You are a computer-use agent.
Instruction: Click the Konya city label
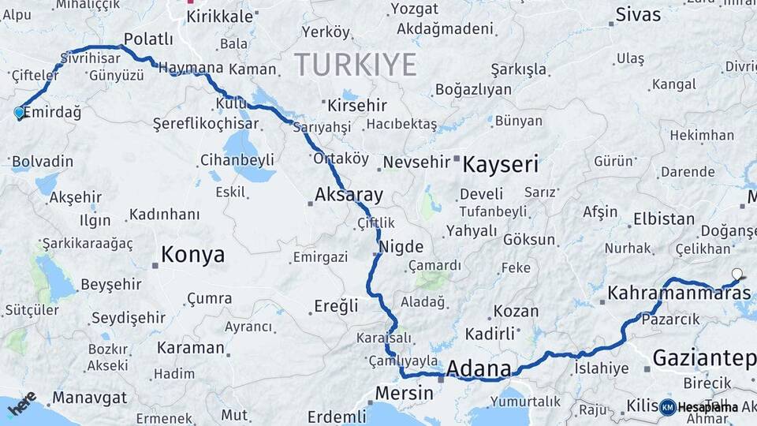point(192,255)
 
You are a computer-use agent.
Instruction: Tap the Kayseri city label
point(500,165)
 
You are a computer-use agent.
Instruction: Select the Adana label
point(478,368)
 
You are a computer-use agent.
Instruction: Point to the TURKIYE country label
point(355,65)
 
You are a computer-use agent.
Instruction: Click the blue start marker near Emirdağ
point(19,113)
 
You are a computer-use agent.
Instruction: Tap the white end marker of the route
point(736,275)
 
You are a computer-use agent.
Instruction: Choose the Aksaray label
point(349,194)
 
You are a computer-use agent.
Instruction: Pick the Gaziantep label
point(704,357)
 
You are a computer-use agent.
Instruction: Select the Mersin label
point(404,393)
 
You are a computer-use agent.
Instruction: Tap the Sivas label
point(638,14)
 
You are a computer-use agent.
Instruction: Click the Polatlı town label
point(148,39)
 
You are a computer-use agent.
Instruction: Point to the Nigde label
point(401,247)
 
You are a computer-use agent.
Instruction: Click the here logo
point(21,402)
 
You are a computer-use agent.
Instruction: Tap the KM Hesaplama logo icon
point(668,407)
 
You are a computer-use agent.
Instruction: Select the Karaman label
point(190,348)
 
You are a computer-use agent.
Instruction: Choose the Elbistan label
point(664,219)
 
